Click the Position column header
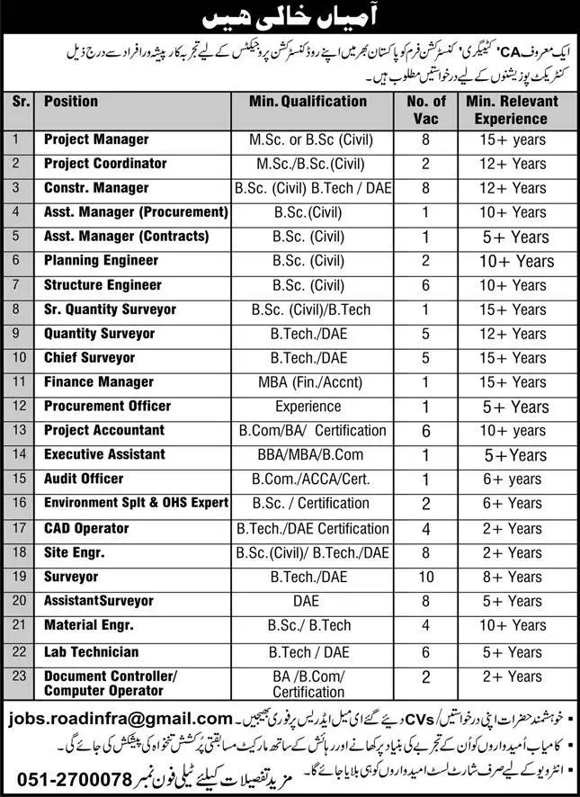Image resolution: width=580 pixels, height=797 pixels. (x=72, y=102)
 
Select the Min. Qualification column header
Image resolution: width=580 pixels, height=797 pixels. (x=309, y=102)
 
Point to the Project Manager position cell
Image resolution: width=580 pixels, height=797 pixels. (x=96, y=139)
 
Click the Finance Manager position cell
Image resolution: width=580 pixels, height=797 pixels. (x=99, y=382)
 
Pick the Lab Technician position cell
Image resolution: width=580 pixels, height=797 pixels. (x=92, y=651)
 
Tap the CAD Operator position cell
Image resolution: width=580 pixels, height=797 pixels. (x=86, y=528)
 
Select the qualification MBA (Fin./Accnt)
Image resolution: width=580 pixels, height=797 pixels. (x=308, y=382)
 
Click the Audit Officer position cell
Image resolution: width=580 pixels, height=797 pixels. (x=84, y=479)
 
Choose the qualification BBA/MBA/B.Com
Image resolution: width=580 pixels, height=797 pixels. (x=308, y=455)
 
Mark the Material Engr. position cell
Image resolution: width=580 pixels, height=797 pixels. (x=88, y=625)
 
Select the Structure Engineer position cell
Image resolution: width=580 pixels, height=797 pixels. (x=103, y=285)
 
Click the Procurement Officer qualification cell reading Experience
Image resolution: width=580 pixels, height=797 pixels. (x=308, y=407)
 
